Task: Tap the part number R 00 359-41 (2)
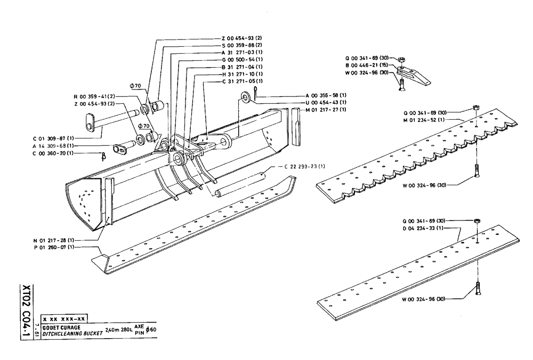coord(94,96)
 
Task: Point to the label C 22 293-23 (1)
coord(304,167)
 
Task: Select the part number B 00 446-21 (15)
coord(368,65)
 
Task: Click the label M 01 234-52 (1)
coord(424,120)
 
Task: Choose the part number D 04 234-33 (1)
coord(424,228)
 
